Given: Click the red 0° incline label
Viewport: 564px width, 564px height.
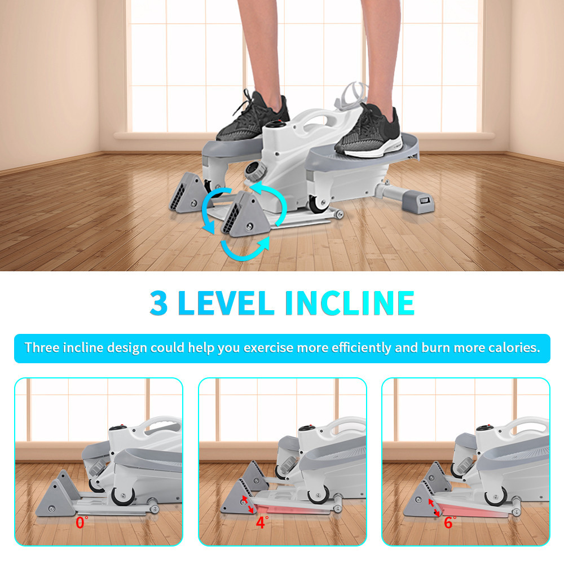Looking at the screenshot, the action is click(82, 522).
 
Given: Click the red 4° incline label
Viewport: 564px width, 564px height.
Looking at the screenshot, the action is click(262, 522).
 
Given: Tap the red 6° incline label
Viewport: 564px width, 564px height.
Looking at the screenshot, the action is click(450, 522).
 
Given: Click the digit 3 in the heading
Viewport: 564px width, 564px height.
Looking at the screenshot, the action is click(158, 303).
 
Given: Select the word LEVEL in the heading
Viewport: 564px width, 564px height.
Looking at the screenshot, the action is click(226, 303).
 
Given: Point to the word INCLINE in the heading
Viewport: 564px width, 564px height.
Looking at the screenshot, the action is click(350, 303).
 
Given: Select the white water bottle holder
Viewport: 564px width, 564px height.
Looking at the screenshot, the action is click(351, 95).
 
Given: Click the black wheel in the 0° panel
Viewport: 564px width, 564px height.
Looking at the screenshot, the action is click(123, 496).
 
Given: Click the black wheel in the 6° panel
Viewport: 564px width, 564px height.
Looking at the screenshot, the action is click(496, 497).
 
